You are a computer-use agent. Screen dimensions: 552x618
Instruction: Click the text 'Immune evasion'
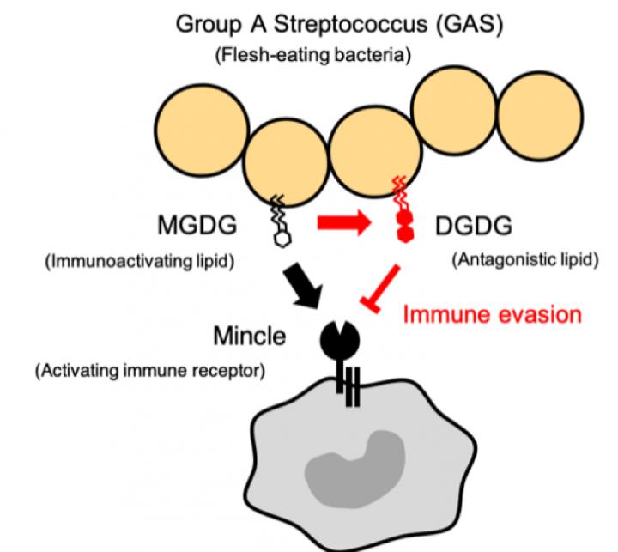click(492, 314)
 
